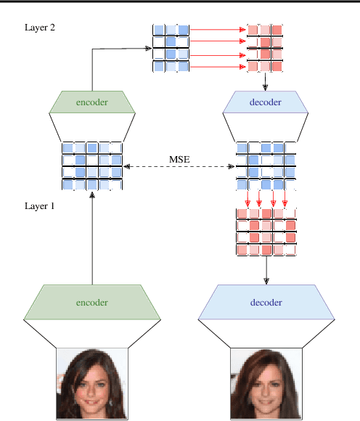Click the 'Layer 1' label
[x=39, y=206]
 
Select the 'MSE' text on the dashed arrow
[x=180, y=158]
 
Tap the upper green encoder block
[x=92, y=102]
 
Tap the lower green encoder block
[x=92, y=303]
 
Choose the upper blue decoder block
[x=266, y=102]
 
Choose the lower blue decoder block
[x=266, y=303]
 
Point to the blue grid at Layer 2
[x=171, y=48]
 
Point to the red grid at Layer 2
[x=265, y=48]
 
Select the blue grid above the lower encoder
[x=92, y=165]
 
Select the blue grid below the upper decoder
[x=266, y=165]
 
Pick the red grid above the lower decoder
[x=266, y=232]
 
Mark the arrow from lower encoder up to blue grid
[x=92, y=240]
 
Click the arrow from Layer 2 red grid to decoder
[x=266, y=81]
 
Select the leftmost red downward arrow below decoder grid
[x=248, y=198]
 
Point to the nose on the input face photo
[x=90, y=385]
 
